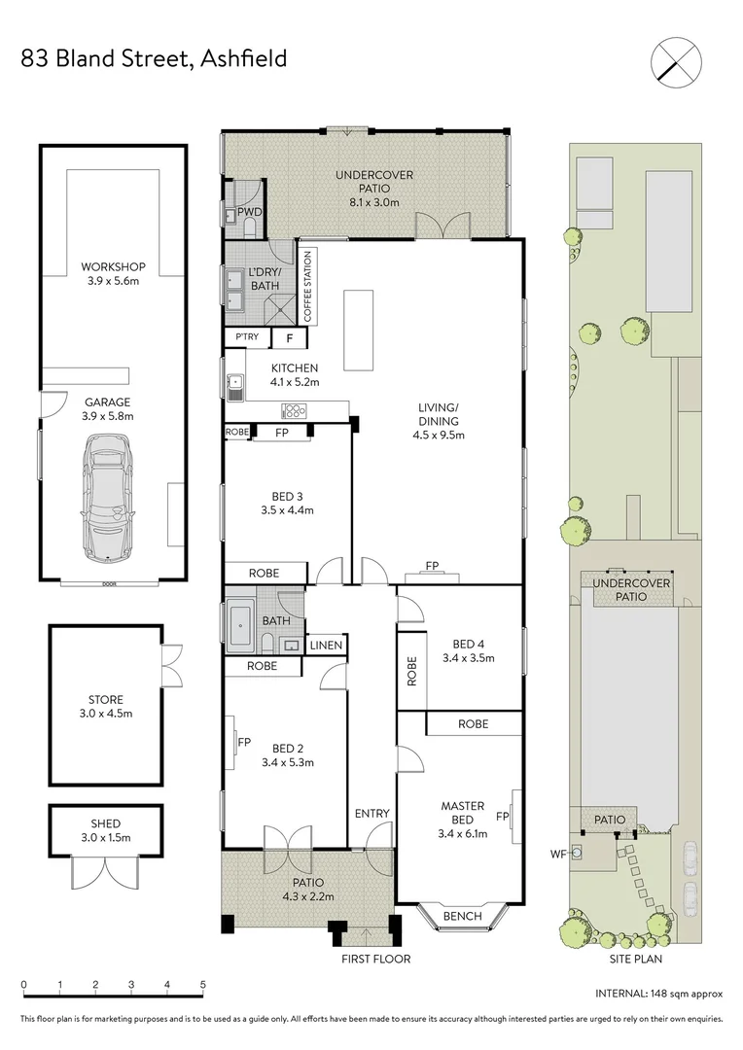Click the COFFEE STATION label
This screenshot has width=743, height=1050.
click(308, 287)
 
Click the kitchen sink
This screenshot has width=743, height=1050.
click(235, 388)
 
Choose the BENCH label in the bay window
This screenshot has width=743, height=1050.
click(462, 916)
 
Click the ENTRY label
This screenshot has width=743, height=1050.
click(371, 814)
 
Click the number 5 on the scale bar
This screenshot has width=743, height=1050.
click(203, 985)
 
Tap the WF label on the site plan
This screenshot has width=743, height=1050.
click(558, 855)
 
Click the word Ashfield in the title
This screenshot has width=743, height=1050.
click(243, 59)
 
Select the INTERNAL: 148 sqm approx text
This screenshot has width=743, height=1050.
click(658, 994)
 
